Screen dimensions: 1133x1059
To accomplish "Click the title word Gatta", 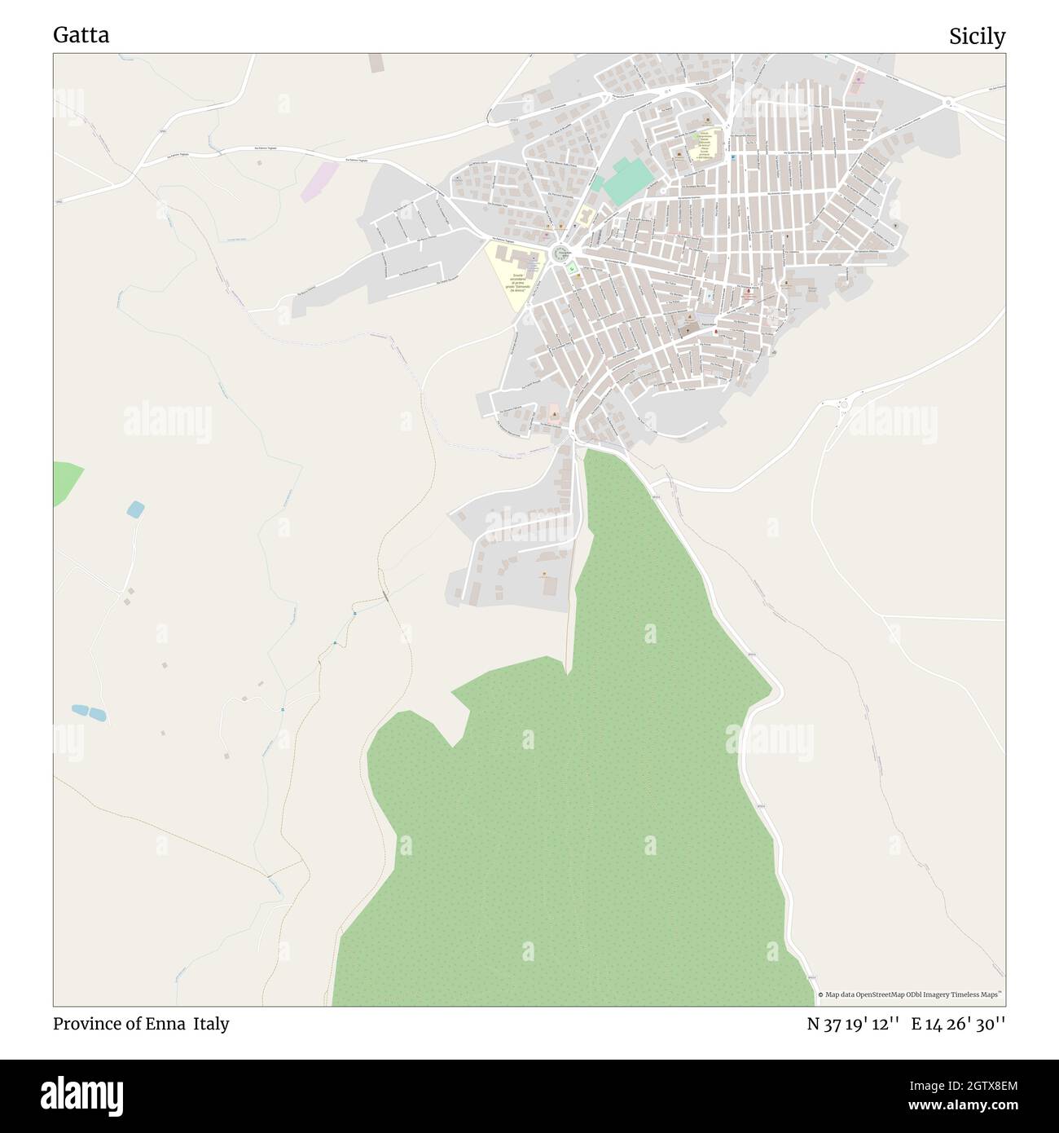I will pyautogui.click(x=81, y=35).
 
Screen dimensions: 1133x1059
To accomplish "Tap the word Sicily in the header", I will pyautogui.click(x=977, y=36).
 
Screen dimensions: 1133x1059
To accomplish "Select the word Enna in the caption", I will pyautogui.click(x=169, y=1024).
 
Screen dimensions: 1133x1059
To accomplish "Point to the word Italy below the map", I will pyautogui.click(x=211, y=1024).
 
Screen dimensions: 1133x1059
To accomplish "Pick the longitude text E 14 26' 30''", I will pyautogui.click(x=959, y=1024).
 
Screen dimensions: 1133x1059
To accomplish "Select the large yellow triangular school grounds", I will pyautogui.click(x=513, y=273).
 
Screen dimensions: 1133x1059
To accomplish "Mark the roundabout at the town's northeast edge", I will pyautogui.click(x=947, y=103).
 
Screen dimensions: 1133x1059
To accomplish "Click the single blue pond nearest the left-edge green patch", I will pyautogui.click(x=135, y=510).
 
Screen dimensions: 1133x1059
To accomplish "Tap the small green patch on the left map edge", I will pyautogui.click(x=65, y=481).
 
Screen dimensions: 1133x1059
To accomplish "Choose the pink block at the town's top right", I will pyautogui.click(x=859, y=82).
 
